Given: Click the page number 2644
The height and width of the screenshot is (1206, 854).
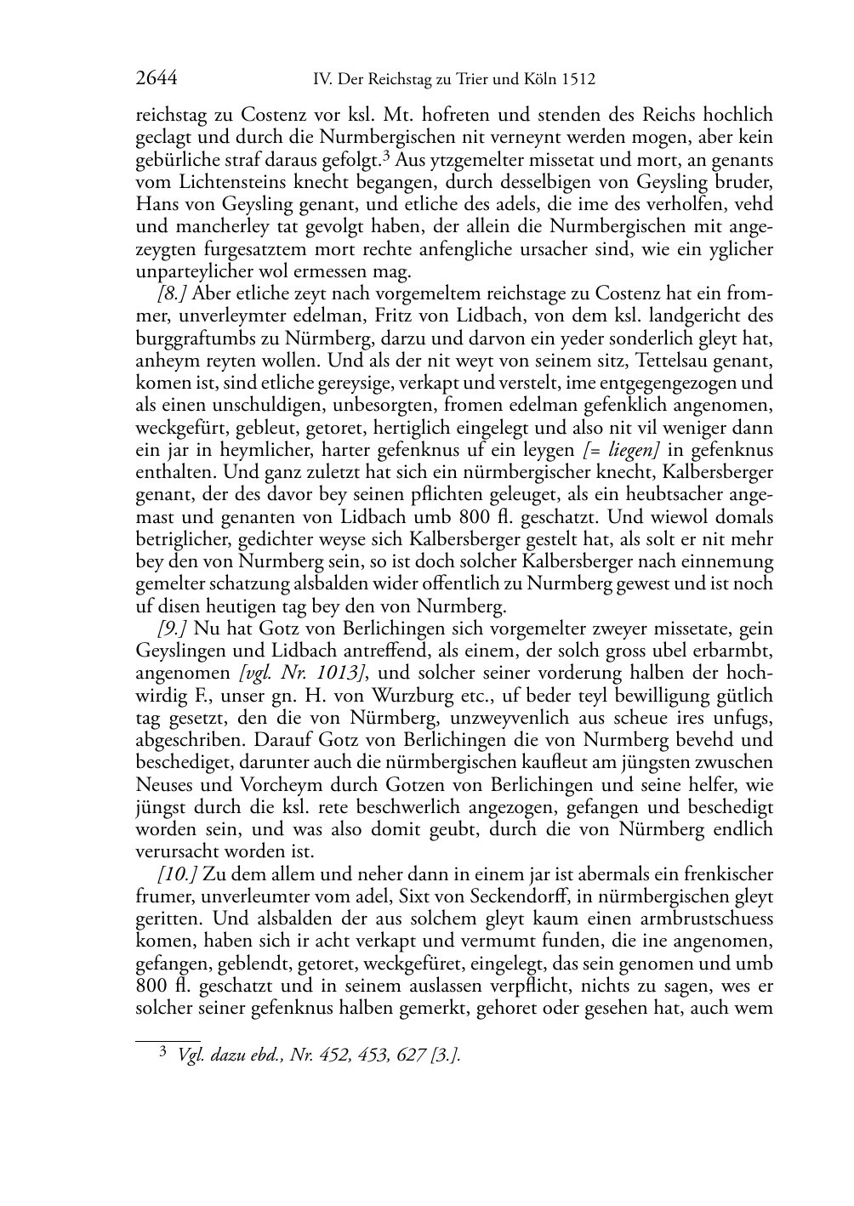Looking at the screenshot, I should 156,79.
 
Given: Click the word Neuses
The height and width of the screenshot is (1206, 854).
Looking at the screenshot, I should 163,785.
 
